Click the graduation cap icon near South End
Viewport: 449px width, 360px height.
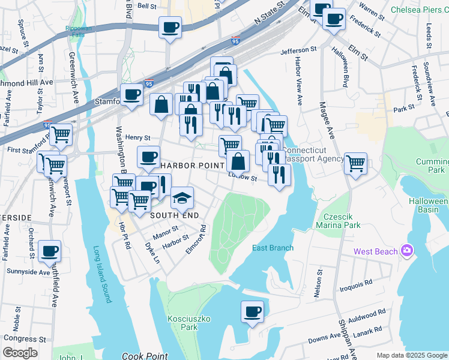coord(182,197)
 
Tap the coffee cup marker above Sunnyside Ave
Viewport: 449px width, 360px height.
coord(50,251)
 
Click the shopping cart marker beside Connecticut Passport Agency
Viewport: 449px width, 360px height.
coord(355,163)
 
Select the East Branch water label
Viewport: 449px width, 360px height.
coord(273,248)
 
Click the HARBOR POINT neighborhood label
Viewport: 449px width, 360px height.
coord(191,165)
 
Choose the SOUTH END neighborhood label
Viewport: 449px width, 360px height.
coord(174,215)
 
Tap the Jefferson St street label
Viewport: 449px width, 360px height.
coord(298,50)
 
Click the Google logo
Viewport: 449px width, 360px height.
coord(20,353)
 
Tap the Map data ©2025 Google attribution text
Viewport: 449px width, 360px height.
coord(411,355)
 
